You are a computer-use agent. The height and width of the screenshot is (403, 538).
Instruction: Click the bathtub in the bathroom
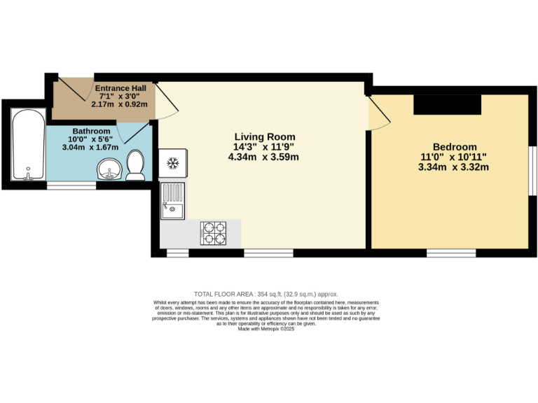[28, 145]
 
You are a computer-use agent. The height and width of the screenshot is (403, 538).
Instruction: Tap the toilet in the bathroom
[135, 167]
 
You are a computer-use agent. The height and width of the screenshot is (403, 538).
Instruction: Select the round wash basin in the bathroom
[109, 169]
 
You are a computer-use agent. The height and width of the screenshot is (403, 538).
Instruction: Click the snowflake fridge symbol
[172, 163]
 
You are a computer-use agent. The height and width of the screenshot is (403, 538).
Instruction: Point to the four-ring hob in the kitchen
[214, 233]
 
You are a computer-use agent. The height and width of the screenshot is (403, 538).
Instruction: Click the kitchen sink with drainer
[172, 201]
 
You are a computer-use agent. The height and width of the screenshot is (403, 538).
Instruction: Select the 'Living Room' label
[264, 137]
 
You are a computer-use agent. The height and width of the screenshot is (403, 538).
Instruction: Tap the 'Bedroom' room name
[454, 146]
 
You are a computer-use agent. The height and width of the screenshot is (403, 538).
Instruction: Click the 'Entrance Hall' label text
[120, 88]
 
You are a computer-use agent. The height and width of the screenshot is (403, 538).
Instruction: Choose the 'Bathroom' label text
[91, 132]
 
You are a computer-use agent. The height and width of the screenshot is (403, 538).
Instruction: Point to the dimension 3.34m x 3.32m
[453, 167]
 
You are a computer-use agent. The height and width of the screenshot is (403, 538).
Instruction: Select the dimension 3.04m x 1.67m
[91, 147]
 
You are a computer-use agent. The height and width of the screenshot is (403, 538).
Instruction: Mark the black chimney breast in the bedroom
[448, 105]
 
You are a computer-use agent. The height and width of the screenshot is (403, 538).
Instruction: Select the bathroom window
[71, 185]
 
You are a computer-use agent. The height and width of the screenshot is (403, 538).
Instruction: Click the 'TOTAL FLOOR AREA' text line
[265, 294]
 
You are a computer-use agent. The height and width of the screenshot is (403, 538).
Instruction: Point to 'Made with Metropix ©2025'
[265, 329]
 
